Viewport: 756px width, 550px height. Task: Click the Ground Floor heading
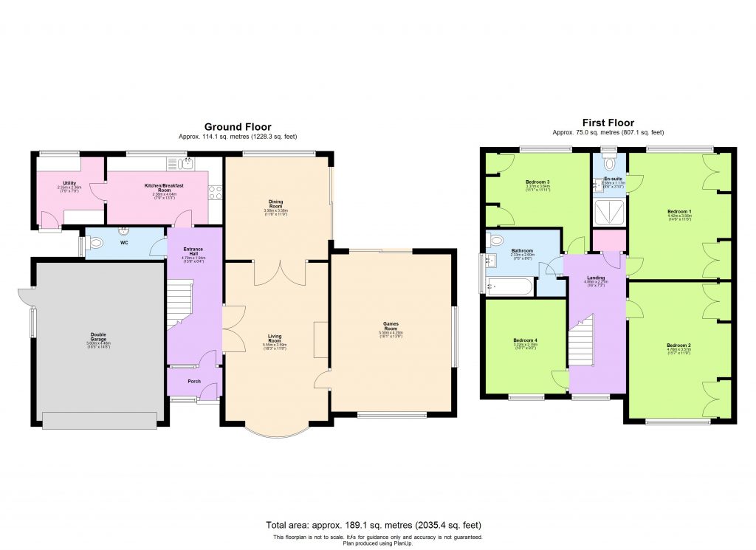point(237,127)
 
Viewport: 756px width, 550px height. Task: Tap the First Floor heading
point(608,123)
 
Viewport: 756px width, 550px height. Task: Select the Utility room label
point(70,184)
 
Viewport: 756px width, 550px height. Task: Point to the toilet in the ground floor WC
point(95,243)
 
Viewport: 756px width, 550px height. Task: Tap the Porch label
point(194,381)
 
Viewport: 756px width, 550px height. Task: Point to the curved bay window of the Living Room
point(275,433)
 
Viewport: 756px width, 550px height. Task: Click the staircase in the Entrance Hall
point(179,303)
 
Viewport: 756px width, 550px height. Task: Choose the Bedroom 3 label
point(537,182)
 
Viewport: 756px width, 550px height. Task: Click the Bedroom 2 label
point(678,346)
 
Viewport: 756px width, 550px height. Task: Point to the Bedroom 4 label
point(525,341)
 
